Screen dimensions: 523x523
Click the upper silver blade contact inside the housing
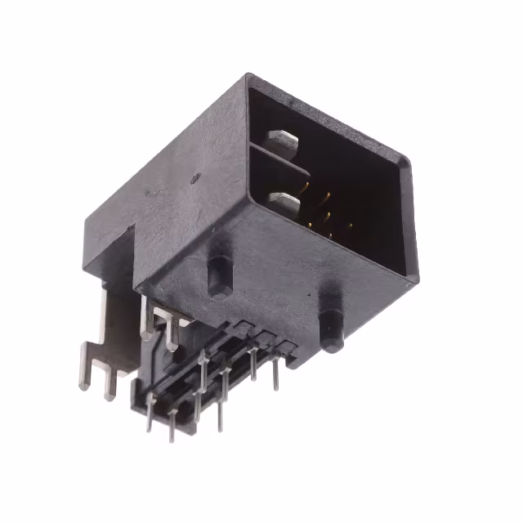click(x=282, y=141)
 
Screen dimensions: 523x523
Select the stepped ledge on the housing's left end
click(x=108, y=250)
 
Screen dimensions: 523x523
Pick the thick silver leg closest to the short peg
click(x=172, y=334)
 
